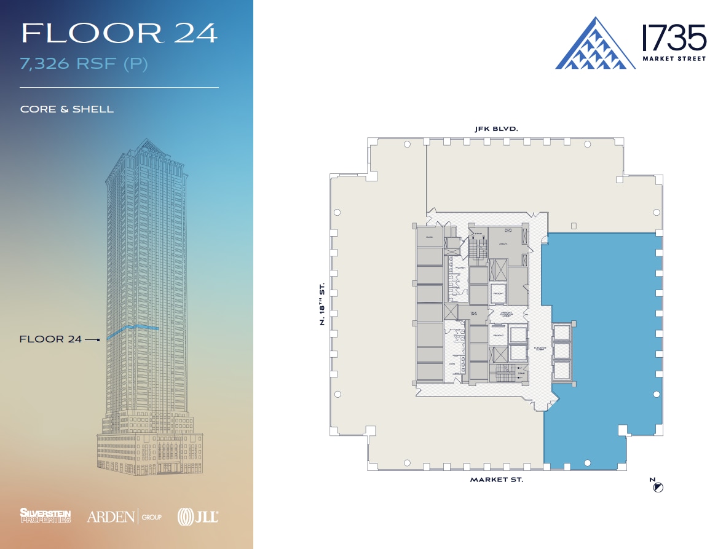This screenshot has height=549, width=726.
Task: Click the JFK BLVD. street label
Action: (x=496, y=129)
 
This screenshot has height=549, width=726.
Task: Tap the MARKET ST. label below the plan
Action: (x=497, y=480)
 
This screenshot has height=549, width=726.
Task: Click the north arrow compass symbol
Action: (x=658, y=488)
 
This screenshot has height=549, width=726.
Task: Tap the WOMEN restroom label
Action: (x=460, y=267)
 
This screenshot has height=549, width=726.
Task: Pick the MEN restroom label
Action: (x=452, y=363)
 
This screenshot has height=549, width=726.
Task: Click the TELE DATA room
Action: (x=474, y=313)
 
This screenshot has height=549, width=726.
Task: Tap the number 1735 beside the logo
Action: (x=674, y=38)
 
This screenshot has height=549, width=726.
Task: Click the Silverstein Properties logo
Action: (x=45, y=515)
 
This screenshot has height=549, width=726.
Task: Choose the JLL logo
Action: (x=197, y=516)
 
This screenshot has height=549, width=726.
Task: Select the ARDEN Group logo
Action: (x=124, y=516)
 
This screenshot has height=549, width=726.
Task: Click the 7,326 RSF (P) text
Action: (x=84, y=64)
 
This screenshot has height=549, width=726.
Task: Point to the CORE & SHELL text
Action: (x=67, y=109)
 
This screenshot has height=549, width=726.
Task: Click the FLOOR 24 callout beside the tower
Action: (x=50, y=339)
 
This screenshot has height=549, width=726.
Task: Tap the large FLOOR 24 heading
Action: (x=119, y=33)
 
